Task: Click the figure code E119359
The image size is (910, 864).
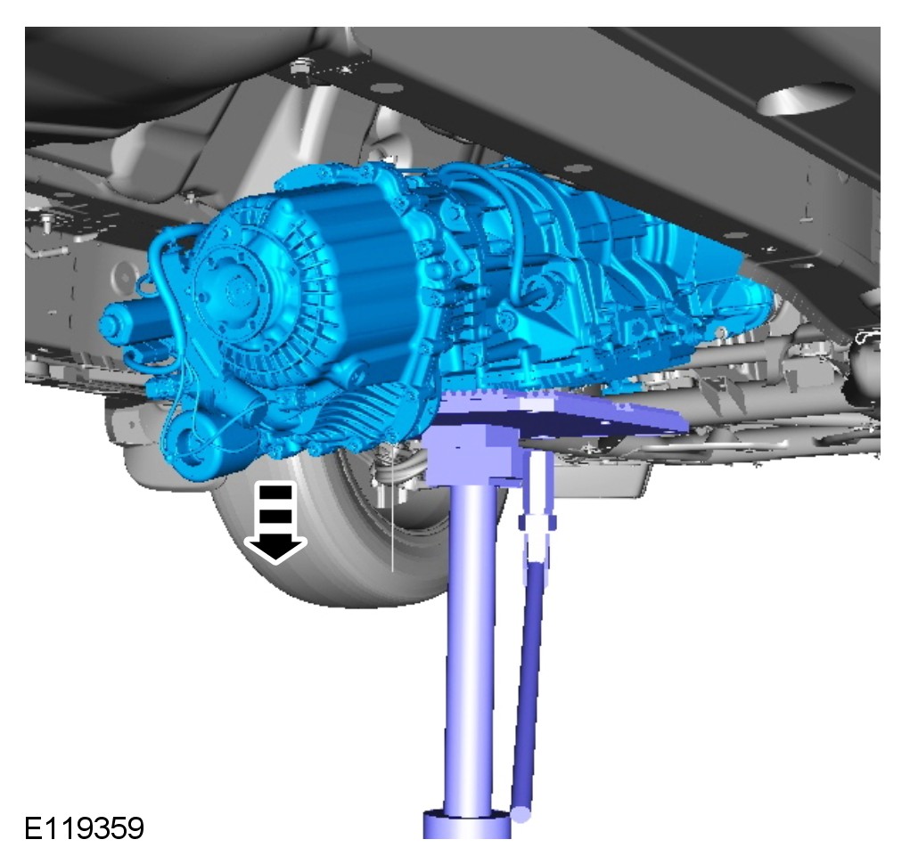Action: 84,827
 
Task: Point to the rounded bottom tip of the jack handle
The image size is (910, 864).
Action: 521,813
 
